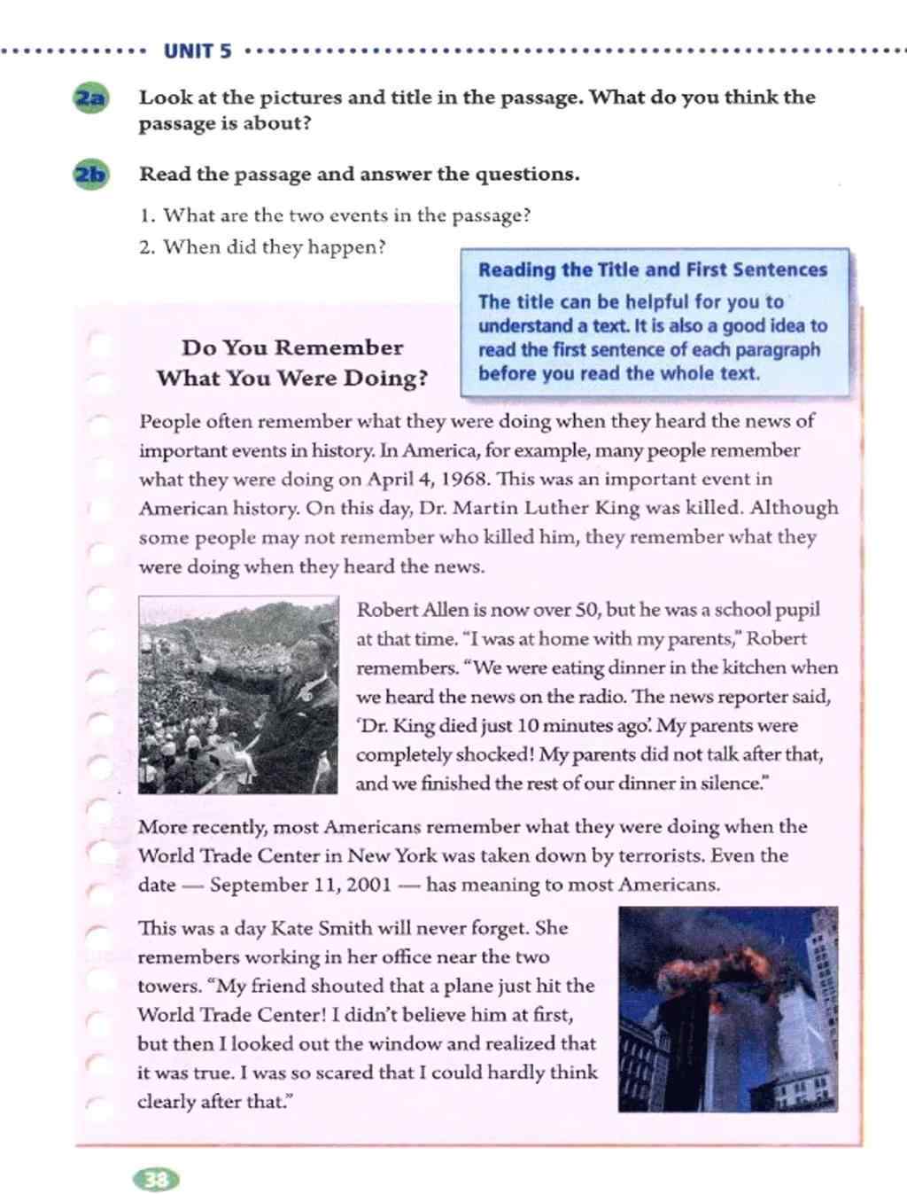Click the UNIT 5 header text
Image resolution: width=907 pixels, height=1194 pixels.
pyautogui.click(x=198, y=51)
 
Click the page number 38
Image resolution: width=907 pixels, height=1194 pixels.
pyautogui.click(x=156, y=1179)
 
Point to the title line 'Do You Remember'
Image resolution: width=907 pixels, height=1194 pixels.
pyautogui.click(x=292, y=347)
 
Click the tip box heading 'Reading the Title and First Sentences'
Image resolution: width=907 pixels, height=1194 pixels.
pyautogui.click(x=652, y=270)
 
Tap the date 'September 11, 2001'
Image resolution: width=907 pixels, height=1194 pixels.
pyautogui.click(x=300, y=885)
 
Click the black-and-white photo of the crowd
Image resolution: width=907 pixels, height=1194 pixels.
pyautogui.click(x=238, y=694)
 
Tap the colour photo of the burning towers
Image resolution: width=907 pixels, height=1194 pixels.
pyautogui.click(x=727, y=1009)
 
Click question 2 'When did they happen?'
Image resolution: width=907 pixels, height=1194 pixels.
pyautogui.click(x=263, y=246)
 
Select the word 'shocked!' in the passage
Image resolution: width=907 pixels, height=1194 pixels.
pyautogui.click(x=491, y=755)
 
